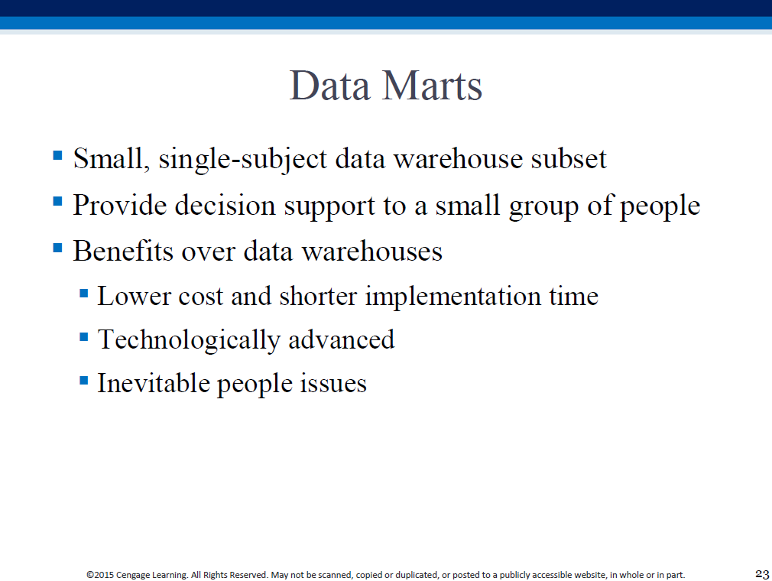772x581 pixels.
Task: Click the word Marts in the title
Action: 432,86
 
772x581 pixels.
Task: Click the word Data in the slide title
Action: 329,86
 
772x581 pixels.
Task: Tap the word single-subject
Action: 243,160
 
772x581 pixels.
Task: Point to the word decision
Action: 225,205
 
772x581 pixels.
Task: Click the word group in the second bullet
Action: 543,207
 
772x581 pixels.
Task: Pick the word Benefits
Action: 123,251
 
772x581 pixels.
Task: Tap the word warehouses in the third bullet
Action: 371,251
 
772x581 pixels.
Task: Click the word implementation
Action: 453,297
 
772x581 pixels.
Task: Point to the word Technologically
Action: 189,340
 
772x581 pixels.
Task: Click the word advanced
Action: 341,339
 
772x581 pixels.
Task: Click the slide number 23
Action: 762,574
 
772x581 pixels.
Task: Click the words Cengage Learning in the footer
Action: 151,575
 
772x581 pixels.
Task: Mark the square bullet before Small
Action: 57,156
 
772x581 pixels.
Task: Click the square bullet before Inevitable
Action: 84,380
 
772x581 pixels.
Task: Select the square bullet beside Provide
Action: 57,201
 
